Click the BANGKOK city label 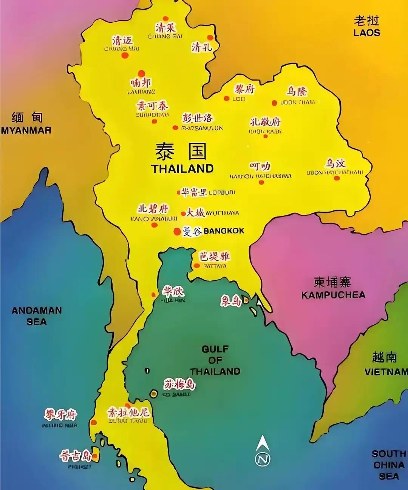[x=224, y=231]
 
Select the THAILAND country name [x=182, y=169]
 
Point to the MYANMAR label [x=26, y=131]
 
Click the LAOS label [x=366, y=33]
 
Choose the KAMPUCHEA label [x=333, y=295]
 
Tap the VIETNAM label [x=386, y=372]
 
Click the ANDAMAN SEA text [x=37, y=316]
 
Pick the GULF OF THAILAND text [x=215, y=360]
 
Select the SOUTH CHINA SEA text [x=389, y=465]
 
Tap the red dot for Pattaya [x=196, y=266]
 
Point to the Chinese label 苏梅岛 [x=179, y=384]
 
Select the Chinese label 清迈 [x=122, y=40]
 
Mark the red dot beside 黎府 [x=227, y=99]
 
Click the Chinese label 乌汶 [x=335, y=163]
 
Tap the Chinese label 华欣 [x=173, y=291]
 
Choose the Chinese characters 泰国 [x=181, y=152]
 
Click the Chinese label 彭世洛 [x=198, y=118]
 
